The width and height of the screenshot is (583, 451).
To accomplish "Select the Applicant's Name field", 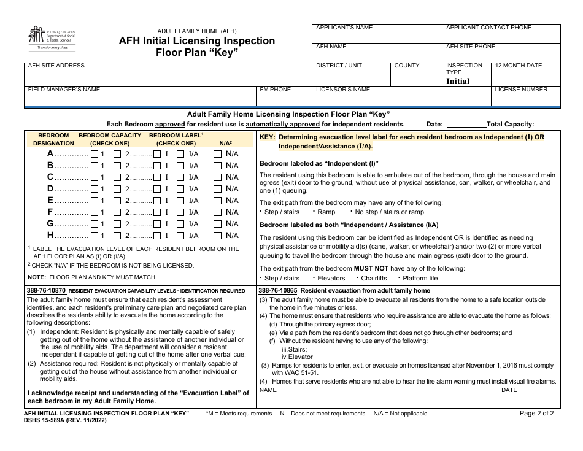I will (x=377, y=34).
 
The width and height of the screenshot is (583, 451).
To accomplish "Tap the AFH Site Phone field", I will (x=501, y=52).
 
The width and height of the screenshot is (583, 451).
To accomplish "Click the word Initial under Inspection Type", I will (x=458, y=81).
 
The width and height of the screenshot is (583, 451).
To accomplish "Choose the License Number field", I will (x=526, y=97).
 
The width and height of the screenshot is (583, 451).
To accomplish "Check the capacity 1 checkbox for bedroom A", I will (x=95, y=154).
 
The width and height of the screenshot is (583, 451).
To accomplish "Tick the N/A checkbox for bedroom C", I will (x=217, y=177).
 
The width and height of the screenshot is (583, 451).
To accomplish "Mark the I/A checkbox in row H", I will (x=180, y=235).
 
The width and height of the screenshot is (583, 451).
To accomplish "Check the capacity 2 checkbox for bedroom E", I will (x=157, y=201).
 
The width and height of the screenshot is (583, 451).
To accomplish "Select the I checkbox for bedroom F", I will (x=157, y=212).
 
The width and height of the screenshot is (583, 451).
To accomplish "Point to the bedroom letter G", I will (x=51, y=223).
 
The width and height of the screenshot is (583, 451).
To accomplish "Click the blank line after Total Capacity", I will (x=547, y=125).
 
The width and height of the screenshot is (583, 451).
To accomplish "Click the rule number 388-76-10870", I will (x=47, y=290).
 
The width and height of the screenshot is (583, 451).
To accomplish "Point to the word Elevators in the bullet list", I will (x=331, y=278).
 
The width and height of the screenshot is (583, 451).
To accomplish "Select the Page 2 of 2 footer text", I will (x=536, y=413).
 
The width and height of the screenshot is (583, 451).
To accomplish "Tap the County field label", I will (x=407, y=66).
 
